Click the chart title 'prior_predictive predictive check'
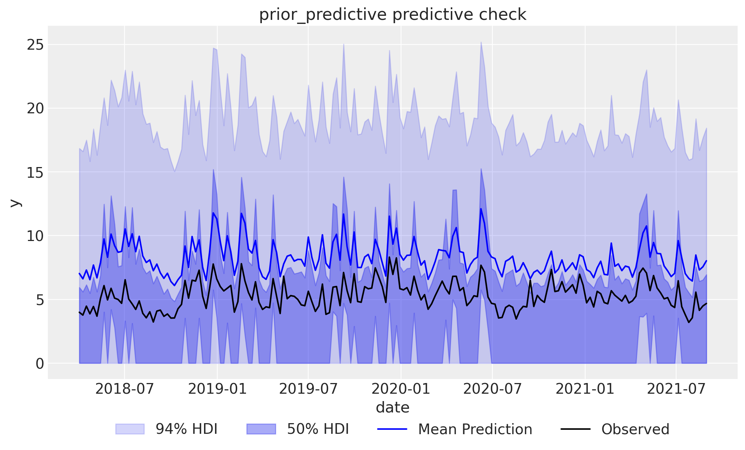[x=393, y=15]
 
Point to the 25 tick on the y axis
[x=35, y=45]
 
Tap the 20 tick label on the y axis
[x=35, y=109]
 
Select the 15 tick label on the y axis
[x=35, y=172]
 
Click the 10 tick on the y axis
[x=35, y=236]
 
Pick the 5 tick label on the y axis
[x=40, y=300]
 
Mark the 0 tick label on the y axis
[x=40, y=364]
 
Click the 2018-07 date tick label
[x=124, y=389]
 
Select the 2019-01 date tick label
[x=217, y=389]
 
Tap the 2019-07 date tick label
[x=308, y=389]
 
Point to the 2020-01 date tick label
[x=401, y=389]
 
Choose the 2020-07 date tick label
[x=492, y=389]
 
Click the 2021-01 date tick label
[x=585, y=389]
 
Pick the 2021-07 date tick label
[x=676, y=389]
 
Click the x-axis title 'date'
[x=393, y=408]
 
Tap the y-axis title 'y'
[x=15, y=203]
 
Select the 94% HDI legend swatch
[x=130, y=429]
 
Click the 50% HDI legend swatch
[x=261, y=429]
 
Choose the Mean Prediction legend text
[x=475, y=429]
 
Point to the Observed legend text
[x=635, y=429]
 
